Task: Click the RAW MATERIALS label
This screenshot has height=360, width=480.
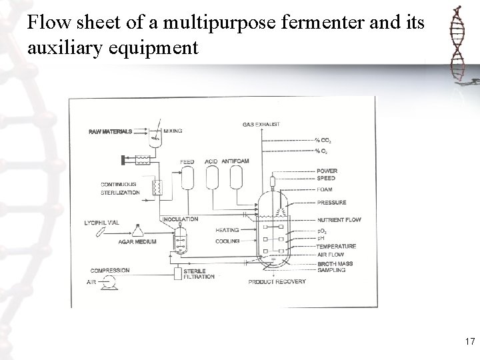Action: pos(110,131)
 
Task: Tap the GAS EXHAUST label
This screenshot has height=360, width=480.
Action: pos(261,124)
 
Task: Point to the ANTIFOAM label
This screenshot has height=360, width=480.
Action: pos(235,161)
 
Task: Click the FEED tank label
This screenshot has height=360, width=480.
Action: pos(187,161)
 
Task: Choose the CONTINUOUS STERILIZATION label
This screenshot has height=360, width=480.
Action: pos(120,188)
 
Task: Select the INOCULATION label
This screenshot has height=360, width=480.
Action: pos(181,219)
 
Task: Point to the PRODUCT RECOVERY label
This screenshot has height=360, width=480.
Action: pos(277,282)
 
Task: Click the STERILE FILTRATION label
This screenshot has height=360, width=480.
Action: pos(199,273)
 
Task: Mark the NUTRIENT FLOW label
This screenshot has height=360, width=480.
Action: pos(339,219)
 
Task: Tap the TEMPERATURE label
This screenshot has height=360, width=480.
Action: pos(336,247)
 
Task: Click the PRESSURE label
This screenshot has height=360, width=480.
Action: pos(331,203)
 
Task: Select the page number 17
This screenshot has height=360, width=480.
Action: pos(469,342)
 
